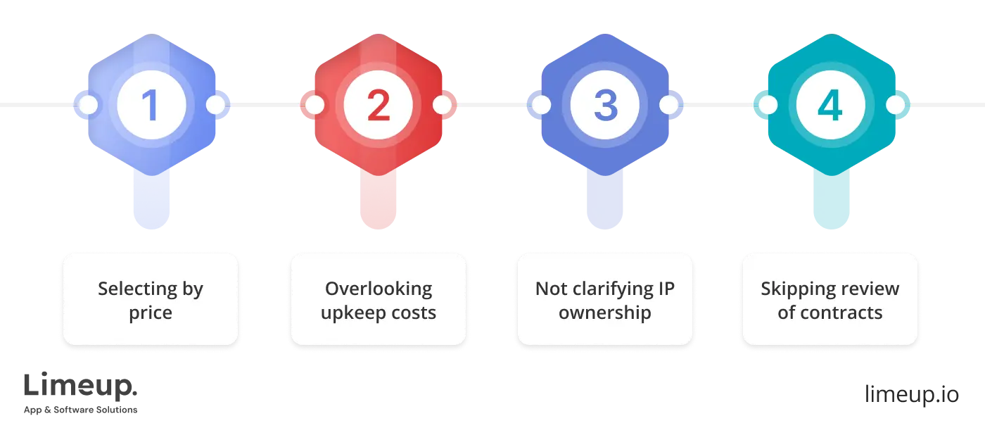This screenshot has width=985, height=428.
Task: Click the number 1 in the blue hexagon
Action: [151, 105]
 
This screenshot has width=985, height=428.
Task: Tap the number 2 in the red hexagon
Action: [379, 105]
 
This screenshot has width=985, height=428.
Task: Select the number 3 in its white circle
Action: [606, 105]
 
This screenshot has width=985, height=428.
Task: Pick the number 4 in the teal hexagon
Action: [830, 105]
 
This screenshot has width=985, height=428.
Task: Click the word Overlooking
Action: [379, 289]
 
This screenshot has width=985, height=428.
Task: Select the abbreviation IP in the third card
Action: [666, 289]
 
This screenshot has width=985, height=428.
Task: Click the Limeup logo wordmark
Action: [80, 386]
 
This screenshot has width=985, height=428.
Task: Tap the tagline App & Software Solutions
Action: [80, 410]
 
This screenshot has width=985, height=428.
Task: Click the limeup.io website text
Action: [912, 394]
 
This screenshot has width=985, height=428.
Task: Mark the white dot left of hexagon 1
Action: [88, 105]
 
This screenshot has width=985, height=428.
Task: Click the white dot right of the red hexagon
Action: [442, 105]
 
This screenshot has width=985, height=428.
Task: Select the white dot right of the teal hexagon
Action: [895, 105]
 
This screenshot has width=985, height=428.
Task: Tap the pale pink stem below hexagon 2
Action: [379, 200]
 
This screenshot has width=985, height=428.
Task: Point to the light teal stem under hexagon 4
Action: [831, 200]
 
